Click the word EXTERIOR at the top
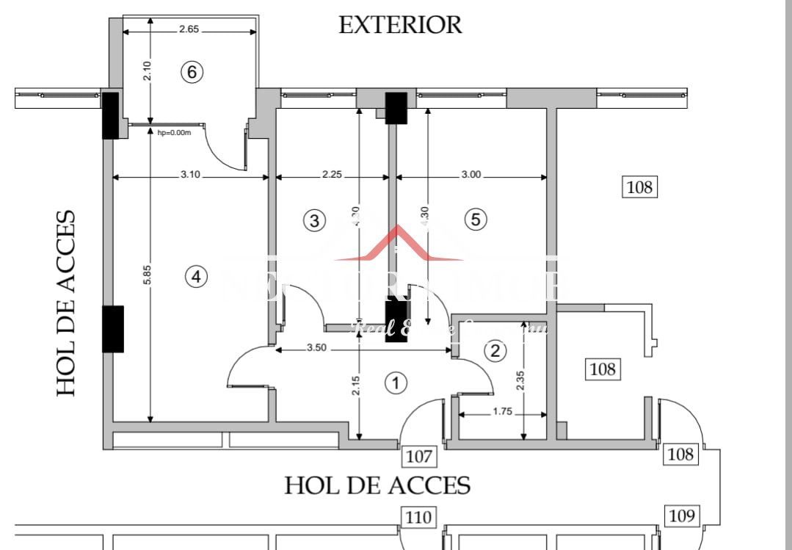click(x=400, y=24)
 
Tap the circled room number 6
click(x=192, y=72)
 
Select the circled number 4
click(x=196, y=277)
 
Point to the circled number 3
click(x=314, y=220)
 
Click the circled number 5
click(x=476, y=219)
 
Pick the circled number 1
click(x=396, y=383)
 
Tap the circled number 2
click(x=495, y=351)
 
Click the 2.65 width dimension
click(x=189, y=30)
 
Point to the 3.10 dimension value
click(x=190, y=176)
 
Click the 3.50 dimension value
click(x=316, y=348)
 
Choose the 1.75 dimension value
click(x=502, y=412)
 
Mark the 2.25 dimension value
click(x=331, y=176)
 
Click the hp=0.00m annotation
click(x=174, y=133)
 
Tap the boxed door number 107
click(x=419, y=457)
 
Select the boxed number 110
click(x=418, y=518)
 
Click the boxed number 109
click(x=682, y=516)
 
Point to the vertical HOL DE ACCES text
click(x=67, y=303)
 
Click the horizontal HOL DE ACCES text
click(x=377, y=485)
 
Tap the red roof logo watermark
click(x=398, y=245)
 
